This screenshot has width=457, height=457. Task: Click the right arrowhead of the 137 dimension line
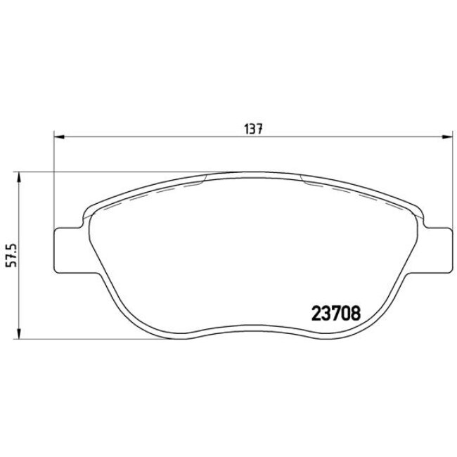[448, 136]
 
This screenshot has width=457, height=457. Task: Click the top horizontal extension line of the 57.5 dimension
[105, 172]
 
